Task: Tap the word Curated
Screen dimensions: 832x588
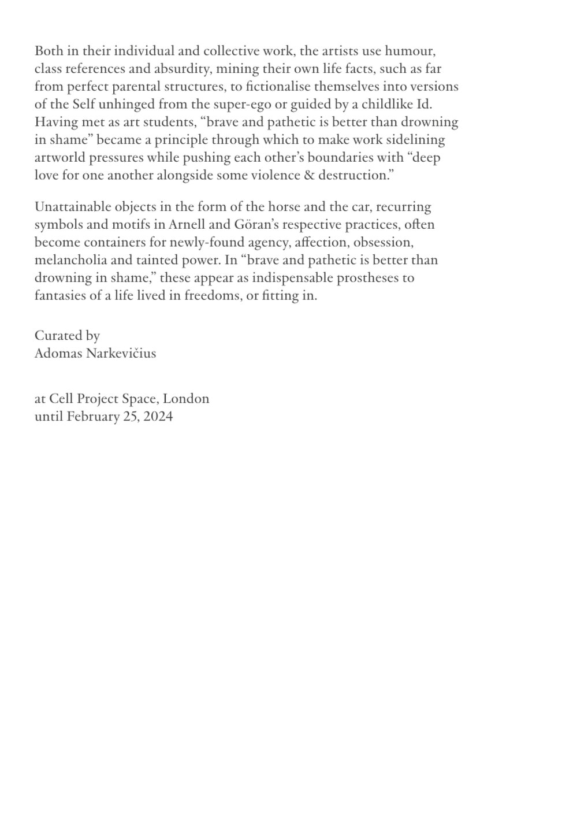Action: click(55, 336)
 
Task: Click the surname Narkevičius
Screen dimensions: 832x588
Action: click(121, 354)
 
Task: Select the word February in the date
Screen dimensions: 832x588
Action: click(92, 417)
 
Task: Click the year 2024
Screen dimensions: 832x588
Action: click(158, 417)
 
